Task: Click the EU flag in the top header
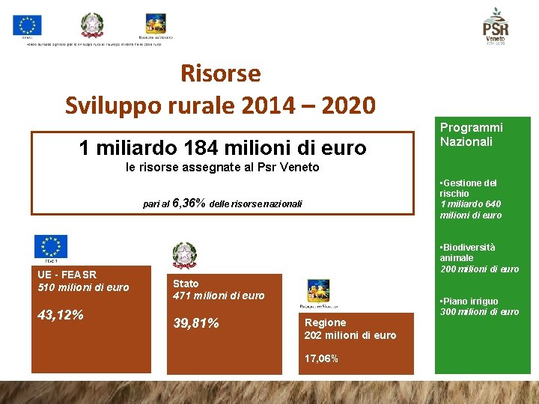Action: [x=28, y=25]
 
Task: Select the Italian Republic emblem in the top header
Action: [x=92, y=25]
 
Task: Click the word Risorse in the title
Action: [x=220, y=73]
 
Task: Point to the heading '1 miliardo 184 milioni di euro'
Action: [x=222, y=148]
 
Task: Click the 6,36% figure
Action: [x=189, y=203]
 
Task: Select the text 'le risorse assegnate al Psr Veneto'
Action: [x=222, y=168]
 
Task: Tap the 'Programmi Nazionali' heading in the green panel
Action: [x=471, y=135]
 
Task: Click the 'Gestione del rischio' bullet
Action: [x=469, y=188]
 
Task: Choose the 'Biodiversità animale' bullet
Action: [x=467, y=252]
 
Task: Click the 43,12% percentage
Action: [x=60, y=316]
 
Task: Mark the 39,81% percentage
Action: [x=196, y=323]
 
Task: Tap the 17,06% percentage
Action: [x=321, y=358]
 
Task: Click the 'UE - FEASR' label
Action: [x=67, y=275]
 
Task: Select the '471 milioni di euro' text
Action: [x=219, y=296]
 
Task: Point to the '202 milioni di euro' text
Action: [x=350, y=335]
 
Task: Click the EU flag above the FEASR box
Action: [x=50, y=246]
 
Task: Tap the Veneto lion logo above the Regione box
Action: [x=318, y=293]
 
